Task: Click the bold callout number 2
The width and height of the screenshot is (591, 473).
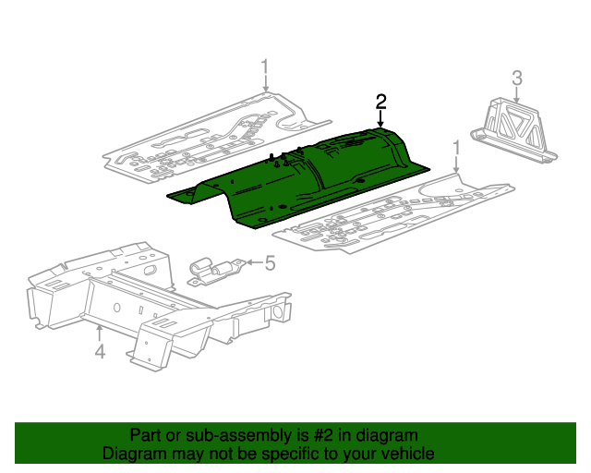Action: (380, 102)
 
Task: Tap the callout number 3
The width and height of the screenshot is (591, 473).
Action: (517, 79)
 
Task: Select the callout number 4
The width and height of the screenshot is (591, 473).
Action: (100, 352)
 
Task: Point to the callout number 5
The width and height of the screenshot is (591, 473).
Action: (270, 262)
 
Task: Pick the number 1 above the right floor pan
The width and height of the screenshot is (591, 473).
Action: (457, 148)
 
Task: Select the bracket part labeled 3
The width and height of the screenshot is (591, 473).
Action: (513, 130)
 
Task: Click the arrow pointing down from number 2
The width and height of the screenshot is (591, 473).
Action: (380, 119)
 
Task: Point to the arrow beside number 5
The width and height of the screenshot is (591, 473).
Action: (255, 262)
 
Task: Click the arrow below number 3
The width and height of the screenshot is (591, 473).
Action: (517, 94)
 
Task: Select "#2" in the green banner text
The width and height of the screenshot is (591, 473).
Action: (323, 435)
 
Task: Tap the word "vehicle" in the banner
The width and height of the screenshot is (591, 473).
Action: (408, 453)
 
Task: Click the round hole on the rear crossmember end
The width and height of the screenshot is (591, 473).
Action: (278, 312)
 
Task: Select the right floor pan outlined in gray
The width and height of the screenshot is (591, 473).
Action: (394, 213)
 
